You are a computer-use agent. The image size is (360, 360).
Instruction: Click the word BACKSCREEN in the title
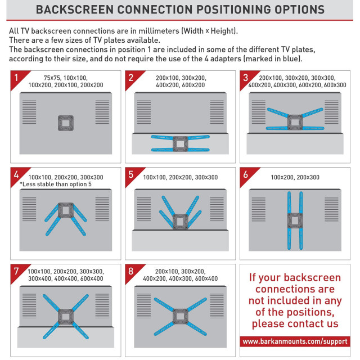(75, 10)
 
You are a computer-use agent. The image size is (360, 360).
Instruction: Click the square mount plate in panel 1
(66, 123)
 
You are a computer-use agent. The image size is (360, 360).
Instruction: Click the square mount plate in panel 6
(295, 221)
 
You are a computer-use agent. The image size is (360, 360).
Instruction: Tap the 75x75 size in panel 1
(52, 78)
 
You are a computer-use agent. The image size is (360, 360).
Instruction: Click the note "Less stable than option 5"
(56, 184)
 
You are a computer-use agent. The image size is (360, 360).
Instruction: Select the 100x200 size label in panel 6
(282, 177)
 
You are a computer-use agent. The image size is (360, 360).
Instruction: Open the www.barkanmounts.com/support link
(295, 341)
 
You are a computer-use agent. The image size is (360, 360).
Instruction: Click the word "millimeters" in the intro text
(159, 31)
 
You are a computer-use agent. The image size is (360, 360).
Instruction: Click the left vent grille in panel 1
(29, 112)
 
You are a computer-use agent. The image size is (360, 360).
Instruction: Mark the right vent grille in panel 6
(331, 209)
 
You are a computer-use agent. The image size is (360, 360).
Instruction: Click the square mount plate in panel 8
(180, 317)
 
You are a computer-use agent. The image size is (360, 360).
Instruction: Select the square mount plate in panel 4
(66, 210)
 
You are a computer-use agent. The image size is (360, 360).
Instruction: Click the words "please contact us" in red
(295, 323)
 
